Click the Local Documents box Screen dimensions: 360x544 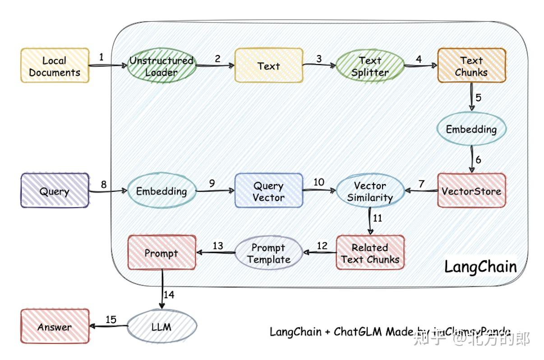[55, 66]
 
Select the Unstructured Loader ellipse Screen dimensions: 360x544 [161, 66]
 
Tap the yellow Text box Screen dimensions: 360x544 [268, 66]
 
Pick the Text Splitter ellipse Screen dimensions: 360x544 [370, 66]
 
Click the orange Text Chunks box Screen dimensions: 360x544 [471, 66]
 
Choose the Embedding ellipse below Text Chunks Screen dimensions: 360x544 [471, 129]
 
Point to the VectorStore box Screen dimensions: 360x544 [471, 190]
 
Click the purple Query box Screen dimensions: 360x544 [55, 190]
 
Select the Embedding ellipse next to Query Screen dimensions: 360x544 [161, 190]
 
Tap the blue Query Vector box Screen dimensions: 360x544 [268, 190]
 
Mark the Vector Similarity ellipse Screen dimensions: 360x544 [370, 191]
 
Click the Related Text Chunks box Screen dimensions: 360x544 [370, 253]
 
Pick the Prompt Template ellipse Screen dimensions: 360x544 [269, 253]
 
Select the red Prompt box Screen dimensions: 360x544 [161, 253]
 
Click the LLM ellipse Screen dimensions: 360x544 [161, 326]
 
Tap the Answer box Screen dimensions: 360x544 [55, 326]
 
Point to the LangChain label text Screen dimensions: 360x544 [480, 266]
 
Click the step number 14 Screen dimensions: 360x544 [169, 295]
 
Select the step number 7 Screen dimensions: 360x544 [421, 184]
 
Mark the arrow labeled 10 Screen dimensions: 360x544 [319, 191]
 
